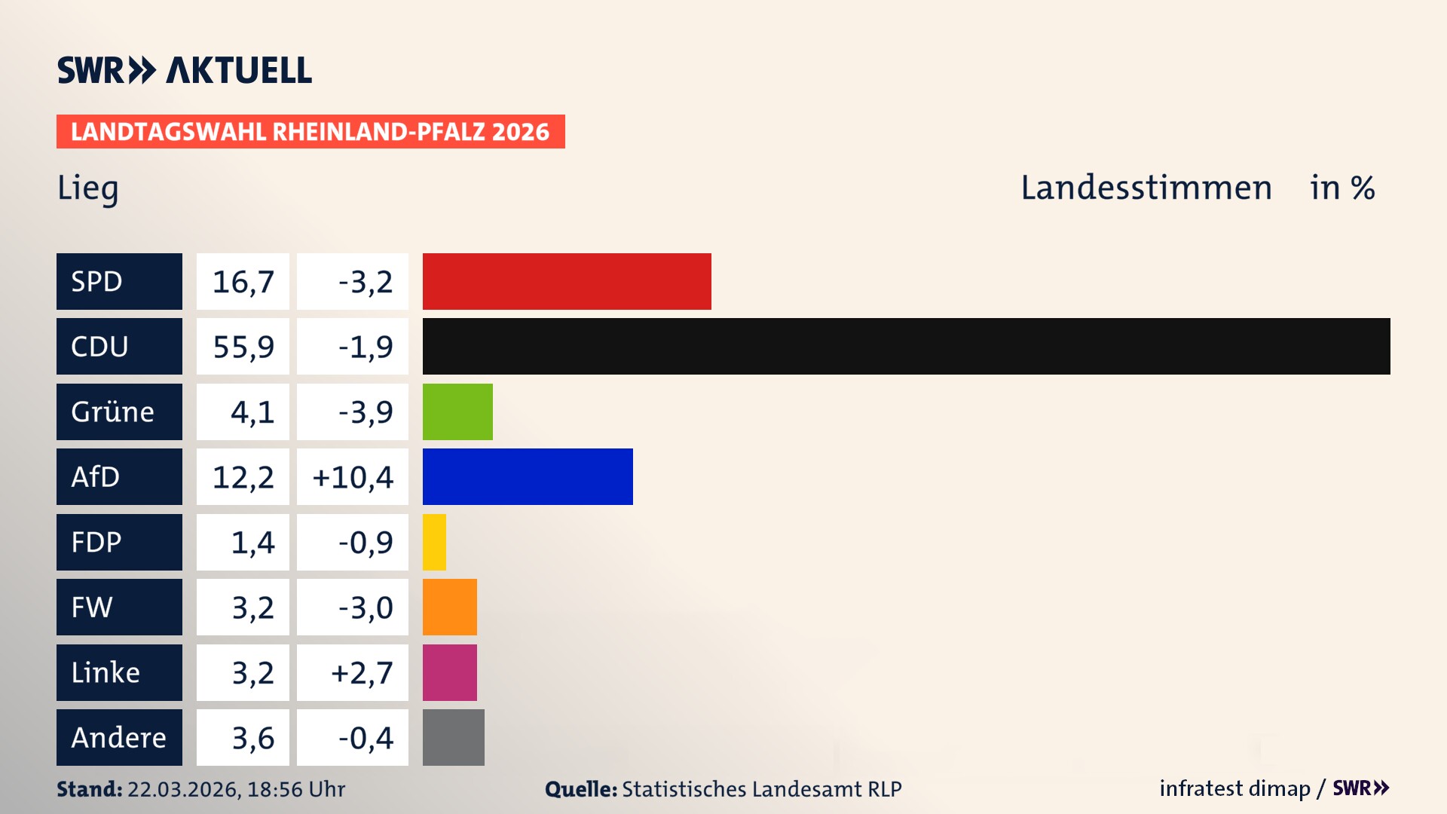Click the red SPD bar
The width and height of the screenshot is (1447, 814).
(567, 281)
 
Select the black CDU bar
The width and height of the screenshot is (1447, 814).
(906, 346)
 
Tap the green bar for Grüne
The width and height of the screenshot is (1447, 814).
(457, 412)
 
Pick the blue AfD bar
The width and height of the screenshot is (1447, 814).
(528, 476)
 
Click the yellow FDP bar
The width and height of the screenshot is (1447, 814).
(434, 542)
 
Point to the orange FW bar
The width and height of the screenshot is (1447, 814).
(450, 607)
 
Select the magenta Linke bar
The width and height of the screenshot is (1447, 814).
(450, 672)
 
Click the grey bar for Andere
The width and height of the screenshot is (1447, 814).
(454, 737)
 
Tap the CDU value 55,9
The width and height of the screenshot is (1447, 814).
(243, 347)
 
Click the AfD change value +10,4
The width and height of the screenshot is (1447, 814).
(353, 477)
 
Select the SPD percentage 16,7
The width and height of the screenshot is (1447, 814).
(243, 282)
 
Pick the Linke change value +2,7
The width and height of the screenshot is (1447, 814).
(362, 672)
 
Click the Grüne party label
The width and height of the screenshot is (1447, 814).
(113, 412)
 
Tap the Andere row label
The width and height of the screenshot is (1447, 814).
(118, 737)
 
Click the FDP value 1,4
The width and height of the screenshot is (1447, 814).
(252, 542)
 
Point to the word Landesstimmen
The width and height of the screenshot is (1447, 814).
(1146, 188)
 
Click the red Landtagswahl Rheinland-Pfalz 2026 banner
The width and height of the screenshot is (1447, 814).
(311, 132)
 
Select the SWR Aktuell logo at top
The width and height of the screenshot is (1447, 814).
(185, 70)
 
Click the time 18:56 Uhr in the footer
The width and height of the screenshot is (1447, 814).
(296, 789)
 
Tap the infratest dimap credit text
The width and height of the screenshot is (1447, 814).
(1234, 788)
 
